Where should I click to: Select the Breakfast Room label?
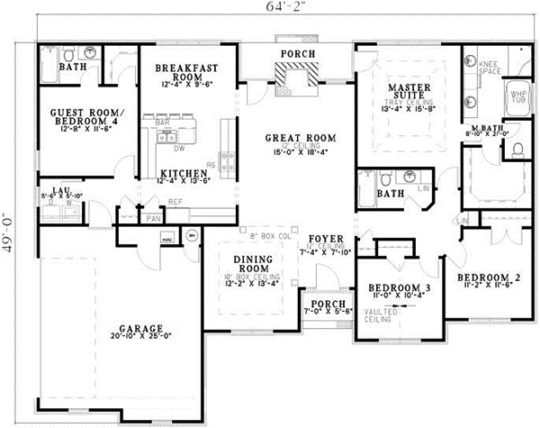point(182,72)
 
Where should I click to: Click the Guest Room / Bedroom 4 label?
point(76,120)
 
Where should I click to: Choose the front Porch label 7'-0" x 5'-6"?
point(321,307)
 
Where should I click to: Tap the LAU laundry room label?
point(60,192)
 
